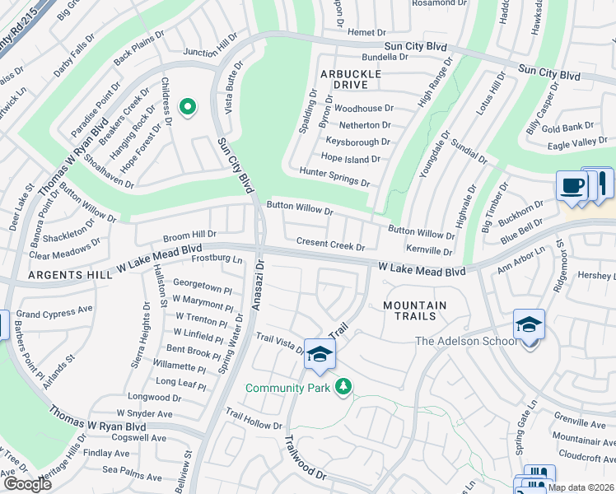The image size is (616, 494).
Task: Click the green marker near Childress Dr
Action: pyautogui.click(x=188, y=107)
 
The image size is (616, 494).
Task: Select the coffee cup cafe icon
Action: pyautogui.click(x=571, y=186)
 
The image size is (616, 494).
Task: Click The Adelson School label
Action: pyautogui.click(x=466, y=341)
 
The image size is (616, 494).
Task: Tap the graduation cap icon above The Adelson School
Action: pyautogui.click(x=529, y=324)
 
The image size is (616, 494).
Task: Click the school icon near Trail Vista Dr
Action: pyautogui.click(x=320, y=354)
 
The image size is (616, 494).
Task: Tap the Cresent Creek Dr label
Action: pyautogui.click(x=329, y=245)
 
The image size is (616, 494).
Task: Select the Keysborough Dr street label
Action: pyautogui.click(x=357, y=141)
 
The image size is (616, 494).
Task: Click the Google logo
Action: pyautogui.click(x=27, y=484)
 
